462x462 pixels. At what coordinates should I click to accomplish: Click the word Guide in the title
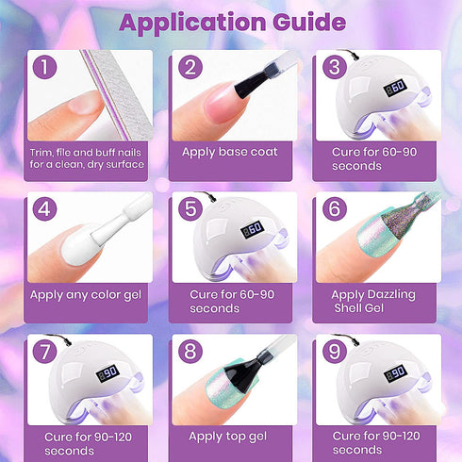309,22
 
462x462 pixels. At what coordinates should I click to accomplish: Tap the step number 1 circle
44,67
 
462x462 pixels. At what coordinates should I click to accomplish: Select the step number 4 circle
44,208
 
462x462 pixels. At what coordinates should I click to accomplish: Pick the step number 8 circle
190,351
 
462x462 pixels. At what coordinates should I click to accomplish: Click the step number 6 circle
335,208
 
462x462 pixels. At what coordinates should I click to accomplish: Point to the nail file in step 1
118,94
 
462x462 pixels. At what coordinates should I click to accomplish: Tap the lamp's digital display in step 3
395,88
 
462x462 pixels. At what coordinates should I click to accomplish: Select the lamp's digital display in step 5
252,230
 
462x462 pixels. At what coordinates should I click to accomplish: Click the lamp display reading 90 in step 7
107,373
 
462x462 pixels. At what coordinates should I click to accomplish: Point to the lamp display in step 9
395,373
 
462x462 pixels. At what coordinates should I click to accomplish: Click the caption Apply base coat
230,152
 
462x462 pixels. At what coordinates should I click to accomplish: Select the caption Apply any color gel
86,295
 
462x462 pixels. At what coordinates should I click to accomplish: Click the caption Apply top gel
228,437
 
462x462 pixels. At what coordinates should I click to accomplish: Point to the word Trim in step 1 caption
41,153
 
